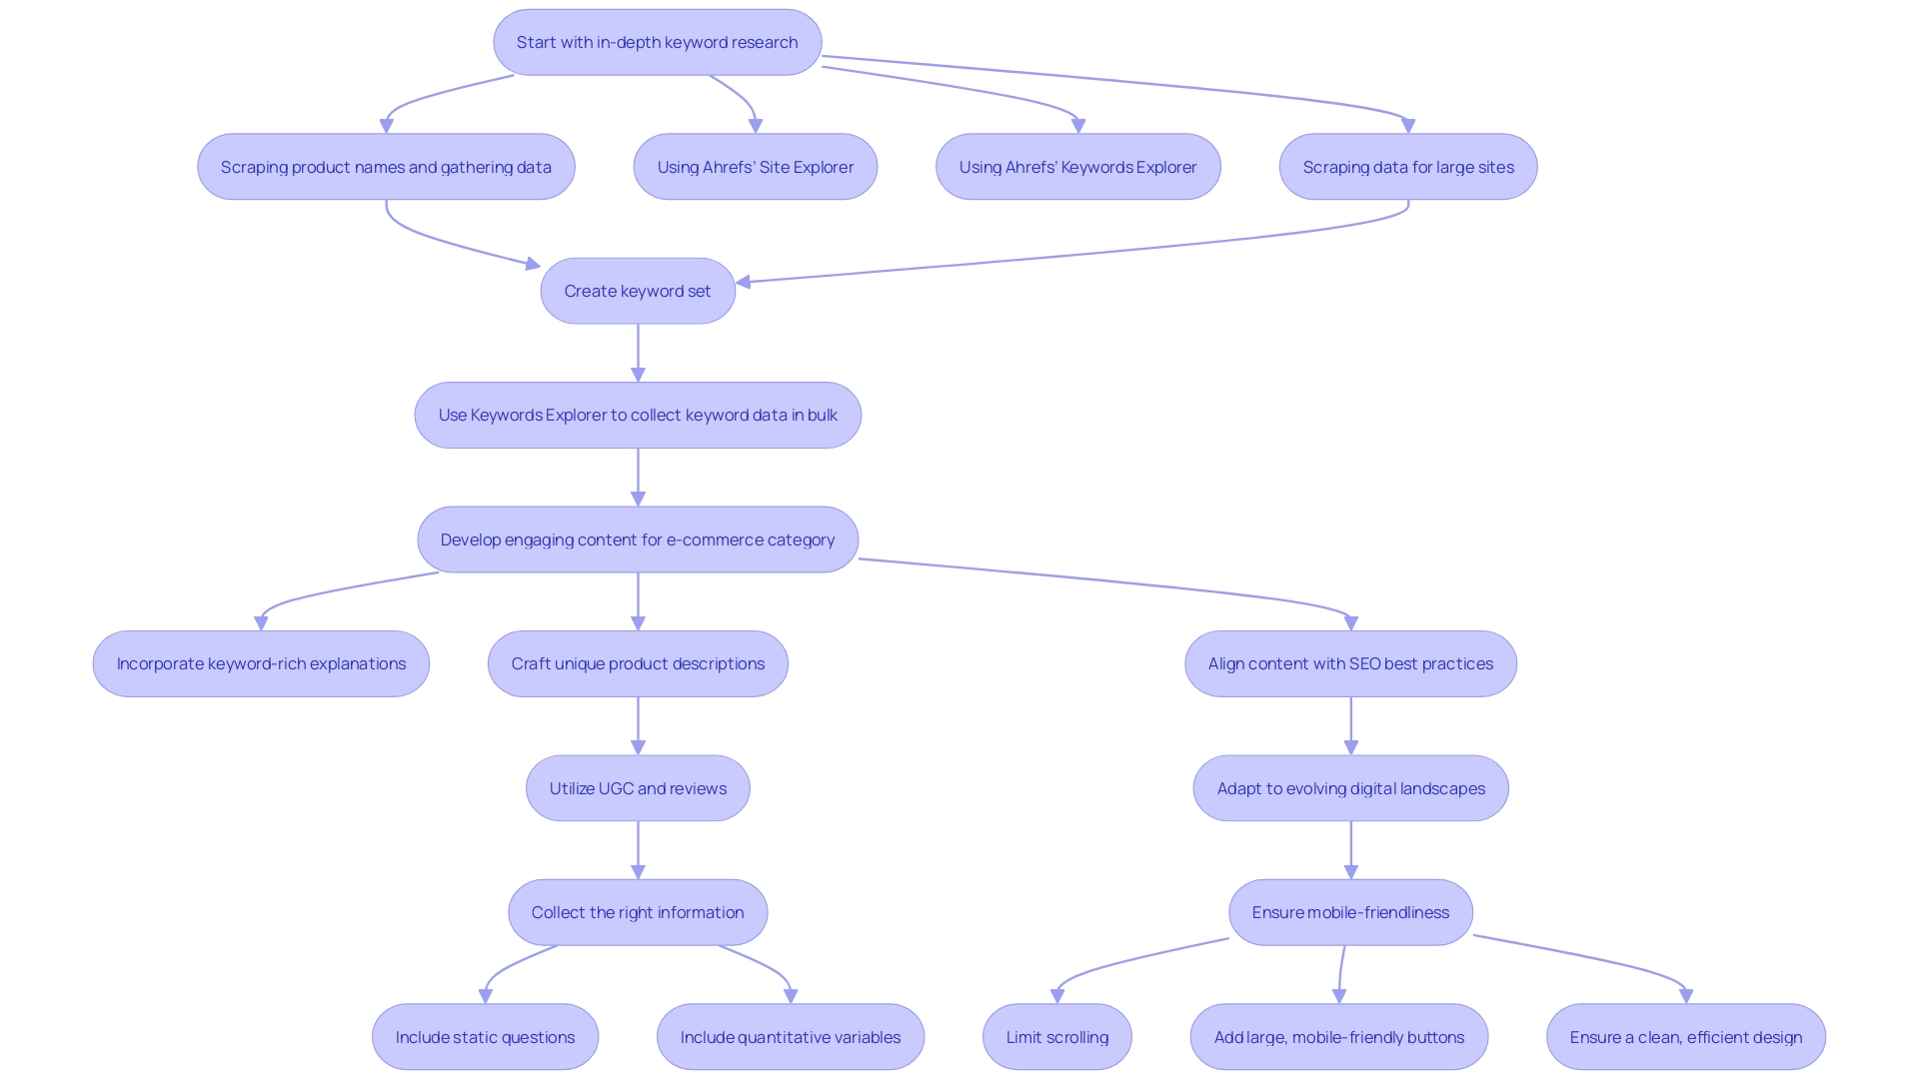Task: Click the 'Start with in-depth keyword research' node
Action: click(x=657, y=42)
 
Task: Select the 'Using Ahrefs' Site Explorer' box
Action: click(x=755, y=167)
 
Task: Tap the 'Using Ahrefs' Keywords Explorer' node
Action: click(x=1077, y=167)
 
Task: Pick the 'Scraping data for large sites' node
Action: click(x=1407, y=167)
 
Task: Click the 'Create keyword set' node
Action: click(x=638, y=291)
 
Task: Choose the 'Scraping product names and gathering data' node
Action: click(x=386, y=167)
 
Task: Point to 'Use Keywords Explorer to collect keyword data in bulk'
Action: click(x=638, y=415)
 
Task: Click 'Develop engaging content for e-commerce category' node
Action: click(x=638, y=539)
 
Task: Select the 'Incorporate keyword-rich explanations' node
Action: click(x=261, y=663)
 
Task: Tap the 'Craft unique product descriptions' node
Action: click(x=638, y=663)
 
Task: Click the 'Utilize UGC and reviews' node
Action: click(x=638, y=788)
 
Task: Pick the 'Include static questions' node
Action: click(x=485, y=1037)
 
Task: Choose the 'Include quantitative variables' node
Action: click(x=790, y=1037)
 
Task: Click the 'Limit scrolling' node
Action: click(x=1056, y=1037)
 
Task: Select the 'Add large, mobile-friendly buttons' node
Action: click(x=1338, y=1037)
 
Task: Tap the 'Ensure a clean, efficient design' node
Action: click(x=1685, y=1037)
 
